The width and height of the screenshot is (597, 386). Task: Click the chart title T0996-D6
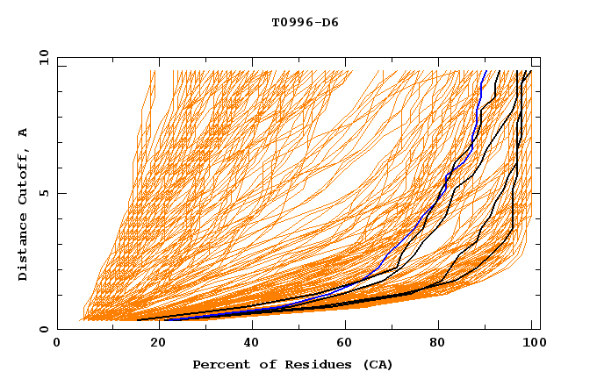[305, 23]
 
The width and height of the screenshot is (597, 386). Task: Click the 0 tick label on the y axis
[44, 330]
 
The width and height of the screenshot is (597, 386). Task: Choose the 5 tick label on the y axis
[44, 193]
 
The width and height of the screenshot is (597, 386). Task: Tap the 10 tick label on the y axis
[41, 56]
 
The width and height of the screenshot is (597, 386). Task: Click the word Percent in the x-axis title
[219, 364]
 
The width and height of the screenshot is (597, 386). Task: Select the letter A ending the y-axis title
[24, 132]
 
